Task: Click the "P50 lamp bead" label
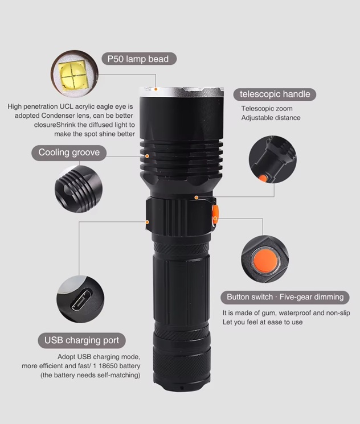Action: click(x=139, y=59)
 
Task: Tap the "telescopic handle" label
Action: click(x=275, y=94)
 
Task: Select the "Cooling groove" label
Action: click(x=69, y=153)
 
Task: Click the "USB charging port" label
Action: click(x=82, y=340)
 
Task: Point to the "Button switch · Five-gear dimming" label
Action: click(x=285, y=297)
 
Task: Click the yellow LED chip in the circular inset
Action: click(x=73, y=76)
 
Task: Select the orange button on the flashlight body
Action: click(x=215, y=215)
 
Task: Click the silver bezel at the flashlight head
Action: click(x=182, y=92)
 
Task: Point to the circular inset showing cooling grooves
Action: click(x=79, y=189)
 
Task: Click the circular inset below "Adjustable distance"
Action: click(x=273, y=159)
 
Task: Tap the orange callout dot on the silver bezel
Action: click(x=156, y=89)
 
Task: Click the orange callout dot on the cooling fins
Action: click(x=147, y=156)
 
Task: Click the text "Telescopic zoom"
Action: click(x=267, y=109)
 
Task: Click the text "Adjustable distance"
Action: click(x=271, y=118)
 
